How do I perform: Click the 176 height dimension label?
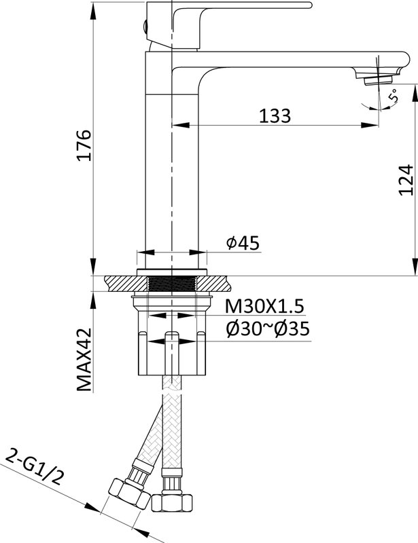pyautogui.click(x=84, y=145)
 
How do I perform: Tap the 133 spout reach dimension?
pyautogui.click(x=275, y=115)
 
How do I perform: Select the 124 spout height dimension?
pyautogui.click(x=406, y=180)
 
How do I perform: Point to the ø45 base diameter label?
pyautogui.click(x=243, y=243)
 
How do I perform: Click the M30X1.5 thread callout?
pyautogui.click(x=264, y=306)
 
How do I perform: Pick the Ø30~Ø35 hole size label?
pyautogui.click(x=267, y=329)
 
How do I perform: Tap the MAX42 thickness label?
pyautogui.click(x=84, y=360)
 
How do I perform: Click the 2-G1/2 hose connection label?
pyautogui.click(x=35, y=467)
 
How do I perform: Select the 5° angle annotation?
pyautogui.click(x=393, y=95)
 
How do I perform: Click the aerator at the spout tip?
pyautogui.click(x=378, y=80)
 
